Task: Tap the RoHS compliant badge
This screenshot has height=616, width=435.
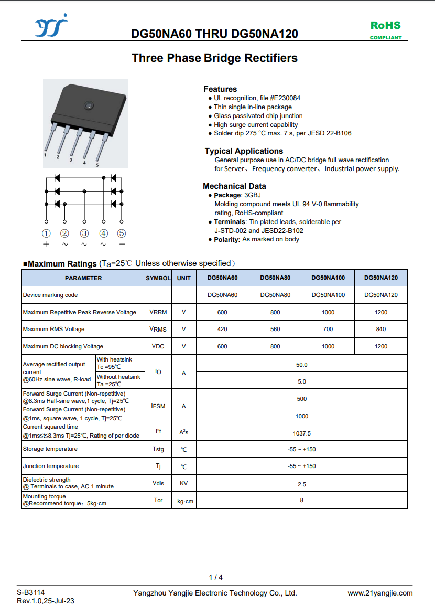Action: [386, 30]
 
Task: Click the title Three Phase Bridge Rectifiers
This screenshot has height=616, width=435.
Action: [214, 58]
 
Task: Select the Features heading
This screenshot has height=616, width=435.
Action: [220, 89]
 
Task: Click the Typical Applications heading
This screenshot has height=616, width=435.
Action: [244, 151]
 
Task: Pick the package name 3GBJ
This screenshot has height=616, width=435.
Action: [253, 195]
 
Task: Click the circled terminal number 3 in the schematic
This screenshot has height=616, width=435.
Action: [84, 233]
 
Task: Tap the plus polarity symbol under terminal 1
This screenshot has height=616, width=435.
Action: [46, 244]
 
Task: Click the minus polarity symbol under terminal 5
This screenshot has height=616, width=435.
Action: [122, 244]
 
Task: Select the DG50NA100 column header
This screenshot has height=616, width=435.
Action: [328, 278]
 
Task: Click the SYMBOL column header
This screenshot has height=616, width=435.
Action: [158, 278]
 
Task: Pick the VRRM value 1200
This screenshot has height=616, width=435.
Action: [381, 312]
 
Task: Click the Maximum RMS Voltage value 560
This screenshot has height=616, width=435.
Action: [275, 329]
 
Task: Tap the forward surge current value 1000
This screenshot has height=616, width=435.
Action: [302, 416]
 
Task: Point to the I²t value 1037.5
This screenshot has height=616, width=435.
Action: [302, 433]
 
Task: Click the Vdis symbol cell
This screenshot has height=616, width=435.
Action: [158, 483]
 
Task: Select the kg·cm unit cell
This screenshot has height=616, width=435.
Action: [184, 501]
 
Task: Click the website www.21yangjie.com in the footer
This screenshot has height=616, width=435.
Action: [380, 593]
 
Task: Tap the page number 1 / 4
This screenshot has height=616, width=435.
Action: [216, 577]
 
